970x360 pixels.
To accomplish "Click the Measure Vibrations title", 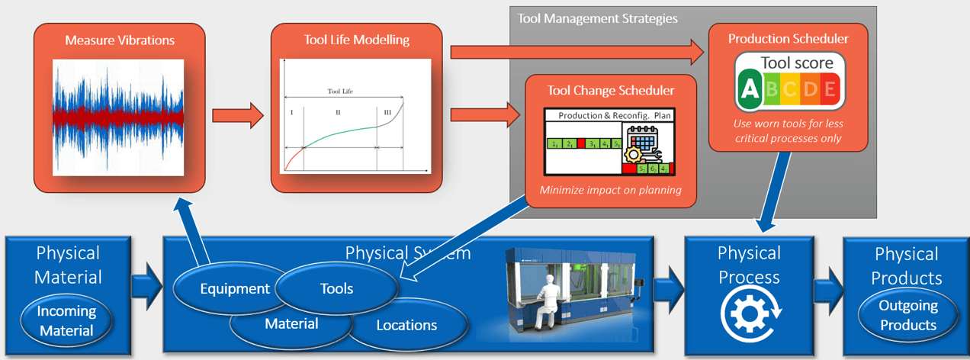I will tap(120, 40).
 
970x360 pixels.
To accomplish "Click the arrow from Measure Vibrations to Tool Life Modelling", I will tap(236, 116).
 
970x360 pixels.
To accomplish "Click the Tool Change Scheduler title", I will tap(611, 91).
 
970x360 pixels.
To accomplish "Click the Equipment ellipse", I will tap(225, 288).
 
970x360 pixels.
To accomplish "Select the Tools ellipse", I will tap(337, 288).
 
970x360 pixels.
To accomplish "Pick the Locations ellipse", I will tap(406, 326).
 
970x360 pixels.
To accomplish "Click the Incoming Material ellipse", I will tap(67, 320).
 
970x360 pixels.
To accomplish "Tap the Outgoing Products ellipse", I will tap(907, 316).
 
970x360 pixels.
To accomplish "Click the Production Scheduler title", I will tap(788, 38).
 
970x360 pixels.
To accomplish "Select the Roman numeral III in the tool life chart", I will tap(387, 112).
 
